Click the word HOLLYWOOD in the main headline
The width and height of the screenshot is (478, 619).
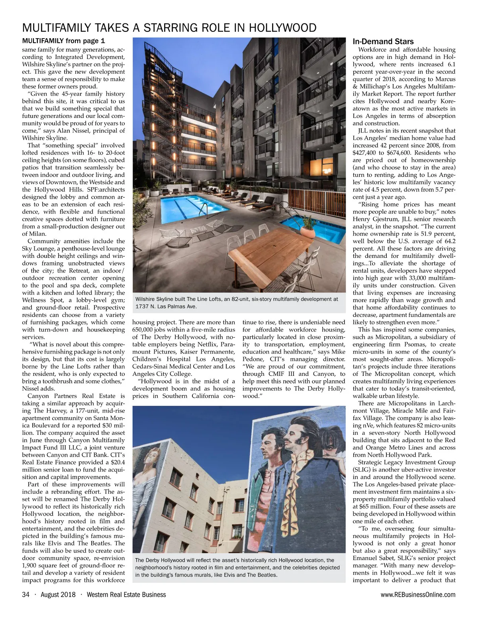(x=282, y=28)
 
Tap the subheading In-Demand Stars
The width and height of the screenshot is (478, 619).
(x=383, y=41)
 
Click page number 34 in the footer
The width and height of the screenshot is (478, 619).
(x=26, y=595)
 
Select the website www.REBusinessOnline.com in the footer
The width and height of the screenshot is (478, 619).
(x=418, y=595)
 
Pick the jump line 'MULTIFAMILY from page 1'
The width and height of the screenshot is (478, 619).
(x=63, y=41)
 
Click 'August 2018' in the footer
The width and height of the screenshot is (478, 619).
(x=58, y=595)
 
